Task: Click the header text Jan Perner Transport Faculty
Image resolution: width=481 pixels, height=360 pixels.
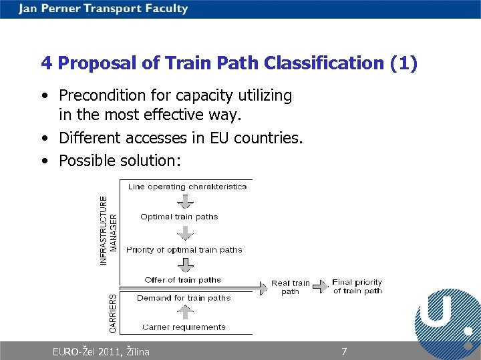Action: click(x=104, y=9)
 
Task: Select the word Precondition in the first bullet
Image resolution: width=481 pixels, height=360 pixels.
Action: click(x=100, y=96)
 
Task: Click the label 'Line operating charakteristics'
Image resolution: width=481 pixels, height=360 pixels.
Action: click(x=187, y=187)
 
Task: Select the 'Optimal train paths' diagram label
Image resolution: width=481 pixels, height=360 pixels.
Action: click(x=179, y=217)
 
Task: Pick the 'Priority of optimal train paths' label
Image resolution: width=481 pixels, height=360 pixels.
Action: click(x=184, y=250)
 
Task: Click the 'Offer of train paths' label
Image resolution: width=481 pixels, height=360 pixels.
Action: click(x=182, y=280)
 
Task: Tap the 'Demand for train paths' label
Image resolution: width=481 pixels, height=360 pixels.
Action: click(x=184, y=298)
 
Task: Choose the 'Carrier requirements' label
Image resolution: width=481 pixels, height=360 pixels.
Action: click(x=184, y=327)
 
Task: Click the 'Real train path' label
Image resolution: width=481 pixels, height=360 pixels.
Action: click(x=290, y=287)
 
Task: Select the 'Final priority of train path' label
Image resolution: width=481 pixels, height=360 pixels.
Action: click(x=357, y=287)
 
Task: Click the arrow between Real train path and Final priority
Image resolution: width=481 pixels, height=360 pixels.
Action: click(x=321, y=286)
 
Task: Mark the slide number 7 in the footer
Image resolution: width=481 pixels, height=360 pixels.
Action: click(x=344, y=351)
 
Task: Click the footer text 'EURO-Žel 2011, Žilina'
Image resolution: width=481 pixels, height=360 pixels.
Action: click(x=101, y=351)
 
